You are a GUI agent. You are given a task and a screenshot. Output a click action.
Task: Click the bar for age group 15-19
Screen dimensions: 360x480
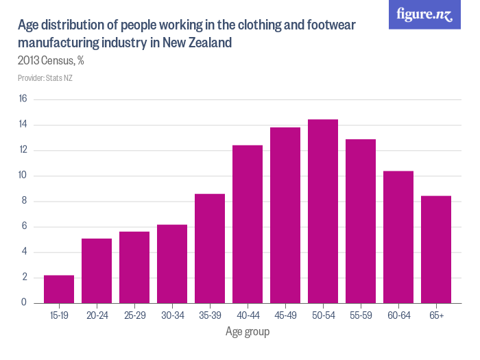[x=59, y=289]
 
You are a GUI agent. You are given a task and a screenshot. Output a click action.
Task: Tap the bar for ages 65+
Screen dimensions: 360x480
[x=436, y=250]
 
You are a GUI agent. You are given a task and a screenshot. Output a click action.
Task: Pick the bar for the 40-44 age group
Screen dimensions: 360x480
[x=248, y=224]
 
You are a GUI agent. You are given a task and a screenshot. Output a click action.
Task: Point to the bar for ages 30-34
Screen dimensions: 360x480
[x=172, y=264]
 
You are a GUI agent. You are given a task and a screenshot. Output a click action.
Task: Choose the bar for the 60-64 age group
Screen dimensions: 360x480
[x=398, y=237]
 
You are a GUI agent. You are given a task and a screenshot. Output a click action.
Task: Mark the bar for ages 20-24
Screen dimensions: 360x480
[x=97, y=271]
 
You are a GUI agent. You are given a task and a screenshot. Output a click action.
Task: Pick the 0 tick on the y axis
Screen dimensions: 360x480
[x=24, y=303]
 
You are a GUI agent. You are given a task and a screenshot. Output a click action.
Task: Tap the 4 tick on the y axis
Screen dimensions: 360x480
[x=24, y=252]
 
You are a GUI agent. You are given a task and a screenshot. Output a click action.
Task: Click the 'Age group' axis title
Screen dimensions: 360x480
[x=248, y=332]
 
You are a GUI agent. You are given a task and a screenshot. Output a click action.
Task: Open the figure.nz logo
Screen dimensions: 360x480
[x=424, y=14]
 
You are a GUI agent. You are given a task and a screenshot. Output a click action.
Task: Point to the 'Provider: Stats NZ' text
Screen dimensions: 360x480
[x=45, y=78]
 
